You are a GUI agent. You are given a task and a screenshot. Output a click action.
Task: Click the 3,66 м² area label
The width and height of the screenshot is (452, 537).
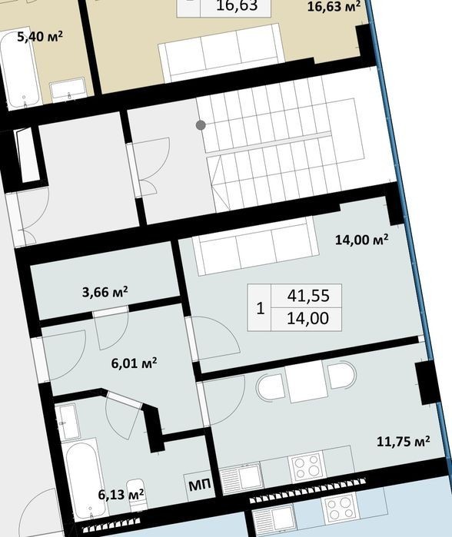[x=105, y=292]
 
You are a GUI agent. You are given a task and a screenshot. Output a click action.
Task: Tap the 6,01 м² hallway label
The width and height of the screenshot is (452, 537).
[x=134, y=363]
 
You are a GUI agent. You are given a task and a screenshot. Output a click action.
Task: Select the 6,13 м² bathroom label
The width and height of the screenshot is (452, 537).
[x=121, y=494]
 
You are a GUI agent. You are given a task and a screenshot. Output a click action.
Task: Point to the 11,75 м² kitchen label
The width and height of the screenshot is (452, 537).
[x=404, y=441]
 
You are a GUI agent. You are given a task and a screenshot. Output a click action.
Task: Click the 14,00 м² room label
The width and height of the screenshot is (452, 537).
[x=361, y=240]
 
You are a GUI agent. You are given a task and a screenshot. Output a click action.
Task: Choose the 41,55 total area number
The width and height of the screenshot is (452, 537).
[x=308, y=296]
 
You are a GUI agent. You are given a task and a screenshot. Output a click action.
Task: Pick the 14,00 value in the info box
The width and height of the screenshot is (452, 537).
[x=307, y=319]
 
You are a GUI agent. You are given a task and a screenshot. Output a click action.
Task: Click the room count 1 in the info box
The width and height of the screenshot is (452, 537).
[x=261, y=308]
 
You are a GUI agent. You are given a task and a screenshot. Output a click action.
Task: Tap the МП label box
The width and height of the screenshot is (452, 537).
[x=200, y=485]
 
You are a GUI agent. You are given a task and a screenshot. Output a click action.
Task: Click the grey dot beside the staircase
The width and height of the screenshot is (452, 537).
[x=201, y=125]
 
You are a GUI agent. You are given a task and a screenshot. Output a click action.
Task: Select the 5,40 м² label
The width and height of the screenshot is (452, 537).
[x=40, y=36]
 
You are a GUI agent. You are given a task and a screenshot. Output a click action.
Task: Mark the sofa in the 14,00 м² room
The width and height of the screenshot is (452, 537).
[x=256, y=246]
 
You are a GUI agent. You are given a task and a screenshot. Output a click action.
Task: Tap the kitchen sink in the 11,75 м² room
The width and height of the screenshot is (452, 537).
[x=241, y=477]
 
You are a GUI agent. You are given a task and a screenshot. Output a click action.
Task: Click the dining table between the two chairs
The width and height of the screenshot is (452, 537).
[x=307, y=381]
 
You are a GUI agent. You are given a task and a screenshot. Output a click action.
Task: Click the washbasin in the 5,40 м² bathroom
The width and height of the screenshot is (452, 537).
[x=68, y=90]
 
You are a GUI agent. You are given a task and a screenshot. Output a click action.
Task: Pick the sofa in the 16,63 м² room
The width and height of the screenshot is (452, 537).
[x=221, y=53]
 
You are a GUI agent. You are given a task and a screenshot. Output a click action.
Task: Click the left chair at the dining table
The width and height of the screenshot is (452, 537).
[x=271, y=387]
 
